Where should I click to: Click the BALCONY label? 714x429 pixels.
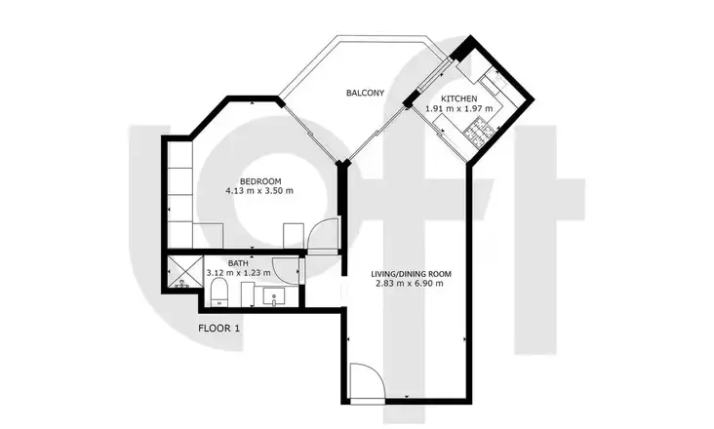pos(365,93)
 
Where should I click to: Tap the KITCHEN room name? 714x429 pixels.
pos(459,98)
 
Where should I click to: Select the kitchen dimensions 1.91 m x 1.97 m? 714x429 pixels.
pos(459,109)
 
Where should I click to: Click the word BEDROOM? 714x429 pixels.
pos(260,181)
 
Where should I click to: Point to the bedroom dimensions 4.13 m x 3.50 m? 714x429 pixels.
pos(259,191)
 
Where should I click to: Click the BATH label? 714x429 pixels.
pos(238,263)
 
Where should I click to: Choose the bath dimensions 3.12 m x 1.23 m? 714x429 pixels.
pos(239,273)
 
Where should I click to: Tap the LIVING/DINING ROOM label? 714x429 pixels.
pos(412,274)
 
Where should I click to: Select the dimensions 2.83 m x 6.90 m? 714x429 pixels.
pos(410,284)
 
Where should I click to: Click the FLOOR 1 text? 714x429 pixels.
pos(219,328)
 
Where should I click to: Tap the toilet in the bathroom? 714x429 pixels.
pos(219,292)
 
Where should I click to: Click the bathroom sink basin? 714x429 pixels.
pos(274,296)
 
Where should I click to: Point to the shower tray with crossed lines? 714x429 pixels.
pos(185,272)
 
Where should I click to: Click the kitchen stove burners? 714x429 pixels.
pos(479,134)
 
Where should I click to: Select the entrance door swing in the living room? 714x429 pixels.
pos(368,380)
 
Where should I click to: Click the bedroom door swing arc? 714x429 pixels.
pos(323,233)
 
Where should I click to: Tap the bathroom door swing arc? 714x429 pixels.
pos(286,271)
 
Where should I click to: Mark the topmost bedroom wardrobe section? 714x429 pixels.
pos(179,155)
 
